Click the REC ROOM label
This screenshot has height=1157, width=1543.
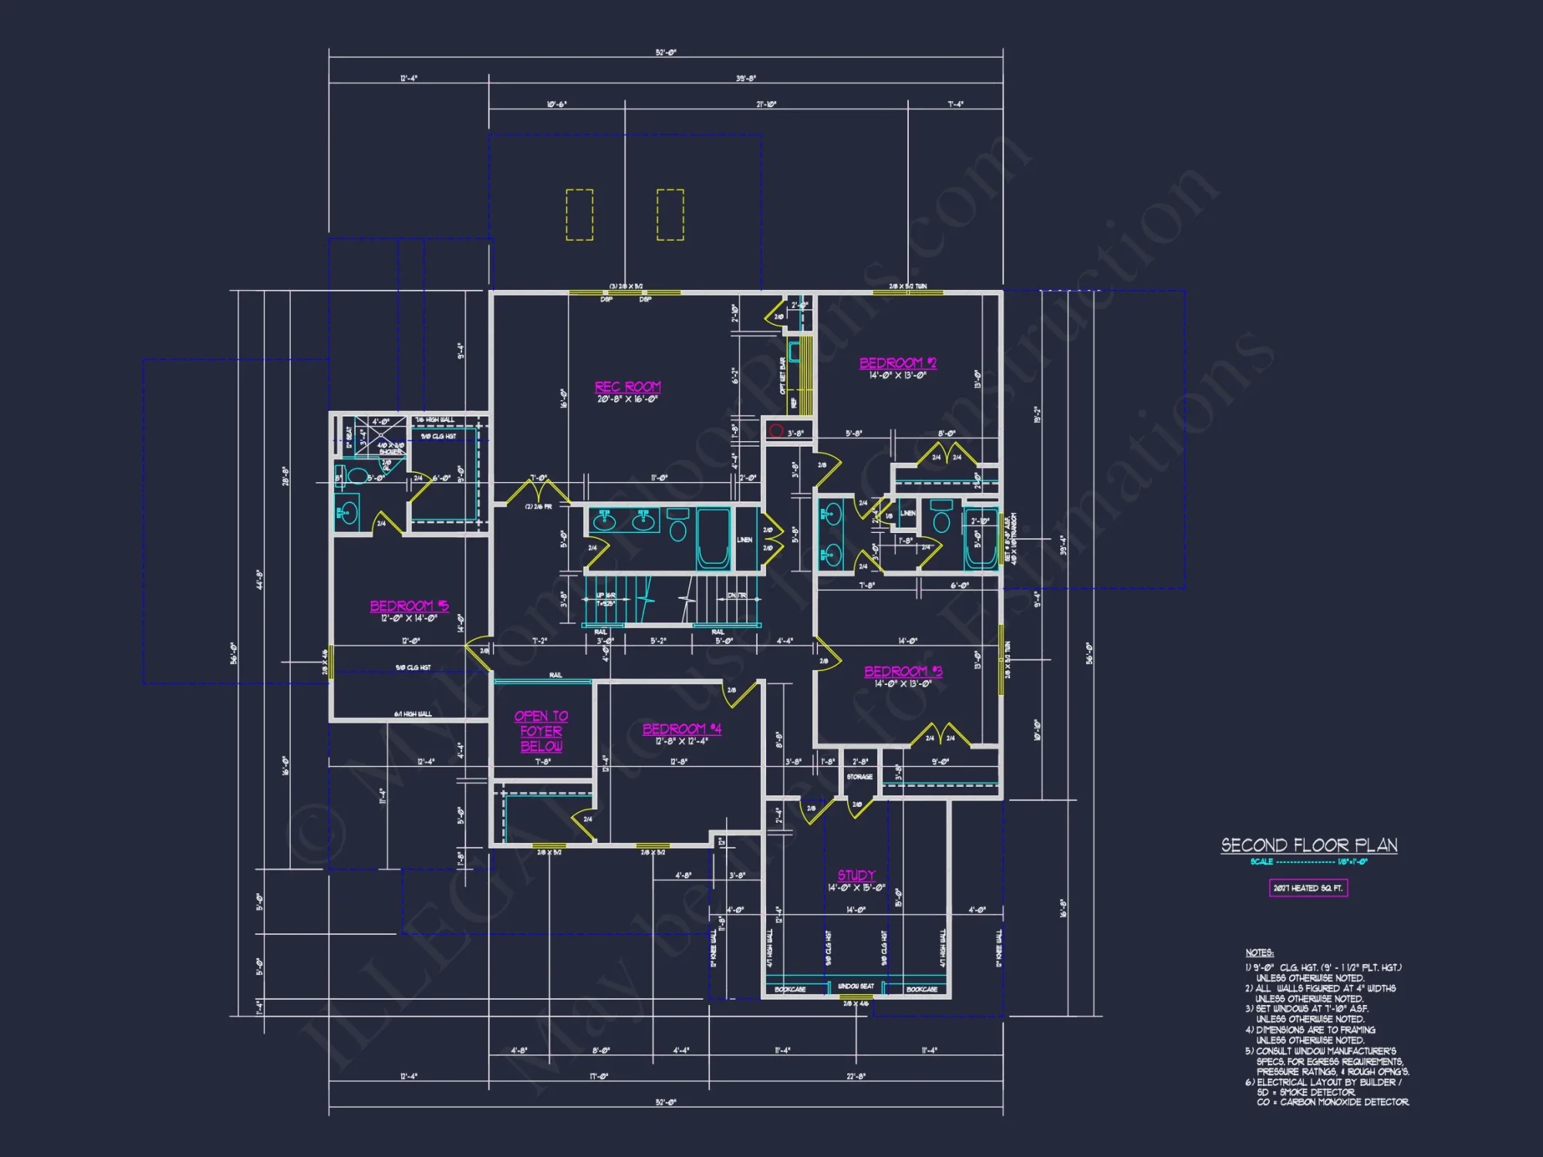pyautogui.click(x=627, y=386)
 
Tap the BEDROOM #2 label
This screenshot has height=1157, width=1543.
pyautogui.click(x=897, y=363)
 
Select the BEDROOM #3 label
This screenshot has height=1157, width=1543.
pyautogui.click(x=903, y=671)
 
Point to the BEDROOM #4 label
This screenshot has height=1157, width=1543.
pyautogui.click(x=681, y=729)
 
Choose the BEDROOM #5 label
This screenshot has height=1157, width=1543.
pyautogui.click(x=409, y=605)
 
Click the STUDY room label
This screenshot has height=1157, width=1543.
pyautogui.click(x=856, y=875)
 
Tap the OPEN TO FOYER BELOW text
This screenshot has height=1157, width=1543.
pyautogui.click(x=541, y=731)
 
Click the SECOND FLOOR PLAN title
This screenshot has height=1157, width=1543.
pyautogui.click(x=1308, y=845)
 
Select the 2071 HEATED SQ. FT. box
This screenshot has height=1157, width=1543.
pyautogui.click(x=1308, y=889)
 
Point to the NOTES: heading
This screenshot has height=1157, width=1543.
pyautogui.click(x=1259, y=953)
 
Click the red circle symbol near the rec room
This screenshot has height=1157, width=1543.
pyautogui.click(x=776, y=431)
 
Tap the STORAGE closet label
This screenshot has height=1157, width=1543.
pyautogui.click(x=859, y=777)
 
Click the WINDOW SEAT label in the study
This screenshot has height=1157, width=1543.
pyautogui.click(x=856, y=987)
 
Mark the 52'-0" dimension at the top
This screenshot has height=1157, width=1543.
pyautogui.click(x=666, y=52)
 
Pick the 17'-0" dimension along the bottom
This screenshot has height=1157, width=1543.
pyautogui.click(x=599, y=1076)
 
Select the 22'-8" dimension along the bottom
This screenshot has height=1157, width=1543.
pyautogui.click(x=856, y=1076)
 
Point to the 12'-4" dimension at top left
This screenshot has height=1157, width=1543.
pyautogui.click(x=409, y=79)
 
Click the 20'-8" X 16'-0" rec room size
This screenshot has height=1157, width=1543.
pyautogui.click(x=627, y=400)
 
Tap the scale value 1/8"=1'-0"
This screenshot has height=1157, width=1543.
pyautogui.click(x=1352, y=862)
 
